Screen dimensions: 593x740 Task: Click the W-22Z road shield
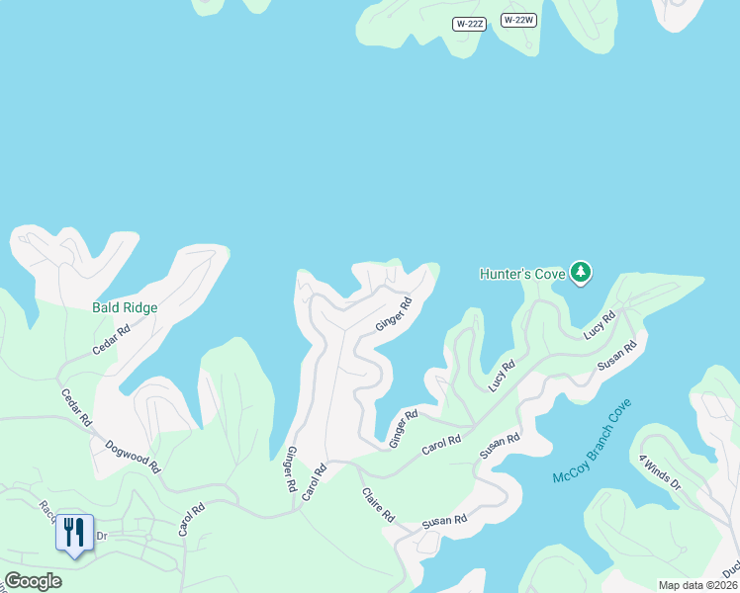(470, 24)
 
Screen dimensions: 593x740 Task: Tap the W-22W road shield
(518, 20)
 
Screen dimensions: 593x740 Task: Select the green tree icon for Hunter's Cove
(582, 272)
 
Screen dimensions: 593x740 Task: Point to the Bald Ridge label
(125, 307)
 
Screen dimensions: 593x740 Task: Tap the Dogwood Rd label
(133, 457)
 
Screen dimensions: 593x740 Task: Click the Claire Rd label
(378, 504)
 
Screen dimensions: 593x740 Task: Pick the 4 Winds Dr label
(660, 471)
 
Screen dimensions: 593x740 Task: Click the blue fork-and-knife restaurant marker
(75, 534)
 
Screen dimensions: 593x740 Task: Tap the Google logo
(33, 581)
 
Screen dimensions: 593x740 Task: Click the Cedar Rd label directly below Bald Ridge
(111, 342)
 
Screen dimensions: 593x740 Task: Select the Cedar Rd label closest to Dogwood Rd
(76, 407)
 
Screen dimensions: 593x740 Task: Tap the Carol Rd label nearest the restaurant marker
(191, 520)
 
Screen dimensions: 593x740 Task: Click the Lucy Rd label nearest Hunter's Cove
(599, 326)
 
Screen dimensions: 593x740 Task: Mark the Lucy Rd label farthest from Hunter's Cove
(502, 377)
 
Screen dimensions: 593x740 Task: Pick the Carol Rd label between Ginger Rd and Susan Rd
(441, 445)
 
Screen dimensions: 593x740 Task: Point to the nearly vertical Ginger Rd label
(291, 469)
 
